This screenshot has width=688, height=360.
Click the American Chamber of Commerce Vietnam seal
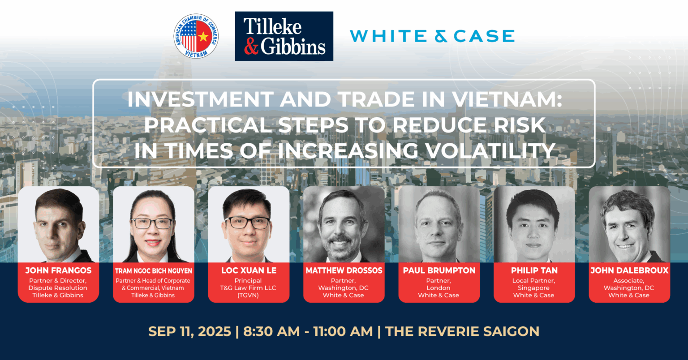tap(196, 36)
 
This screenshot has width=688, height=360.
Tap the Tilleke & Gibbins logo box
tap(284, 36)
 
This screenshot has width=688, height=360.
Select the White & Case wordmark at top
tap(432, 36)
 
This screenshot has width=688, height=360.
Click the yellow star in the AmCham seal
tap(203, 37)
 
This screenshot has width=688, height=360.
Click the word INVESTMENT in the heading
tap(200, 99)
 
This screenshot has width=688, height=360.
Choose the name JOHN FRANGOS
tap(58, 270)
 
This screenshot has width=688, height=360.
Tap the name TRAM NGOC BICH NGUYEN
tap(154, 271)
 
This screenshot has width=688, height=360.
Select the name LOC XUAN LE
tap(249, 270)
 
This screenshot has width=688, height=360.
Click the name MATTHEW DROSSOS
tap(344, 270)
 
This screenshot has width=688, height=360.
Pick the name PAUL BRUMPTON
tap(439, 270)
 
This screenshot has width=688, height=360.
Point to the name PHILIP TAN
tap(534, 270)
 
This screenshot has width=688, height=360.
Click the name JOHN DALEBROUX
tap(629, 270)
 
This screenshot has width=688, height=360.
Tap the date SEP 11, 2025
tap(189, 331)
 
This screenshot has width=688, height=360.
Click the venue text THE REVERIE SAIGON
tap(462, 331)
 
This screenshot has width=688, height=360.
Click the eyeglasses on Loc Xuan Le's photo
tap(248, 223)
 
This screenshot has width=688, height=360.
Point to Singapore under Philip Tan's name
tap(533, 288)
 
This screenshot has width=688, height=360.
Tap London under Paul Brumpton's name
tap(439, 288)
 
